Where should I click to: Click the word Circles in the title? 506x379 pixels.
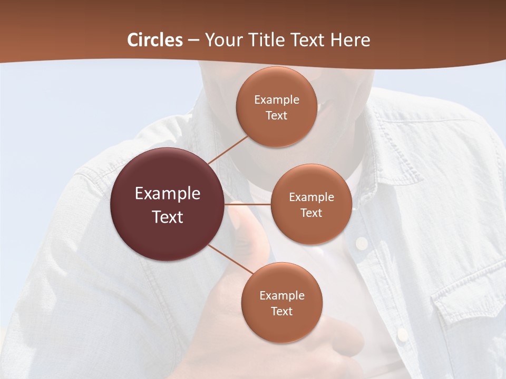pos(155,40)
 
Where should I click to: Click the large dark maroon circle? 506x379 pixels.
pos(168,204)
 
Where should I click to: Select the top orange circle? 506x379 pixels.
pos(276,107)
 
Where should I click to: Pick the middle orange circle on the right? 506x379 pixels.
pos(311,204)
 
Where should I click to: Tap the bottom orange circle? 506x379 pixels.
pos(281,303)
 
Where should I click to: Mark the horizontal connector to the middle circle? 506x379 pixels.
pos(248,204)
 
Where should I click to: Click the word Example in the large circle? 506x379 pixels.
pos(168,193)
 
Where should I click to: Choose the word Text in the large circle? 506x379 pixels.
pos(168,217)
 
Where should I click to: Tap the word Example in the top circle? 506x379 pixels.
pos(276,99)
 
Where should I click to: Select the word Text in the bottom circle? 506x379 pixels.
pos(281,311)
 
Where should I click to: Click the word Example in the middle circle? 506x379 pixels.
pos(311,197)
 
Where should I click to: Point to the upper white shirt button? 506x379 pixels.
pos(362,243)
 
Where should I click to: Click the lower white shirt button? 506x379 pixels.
pos(402,334)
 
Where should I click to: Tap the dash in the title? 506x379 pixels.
pos(193,40)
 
